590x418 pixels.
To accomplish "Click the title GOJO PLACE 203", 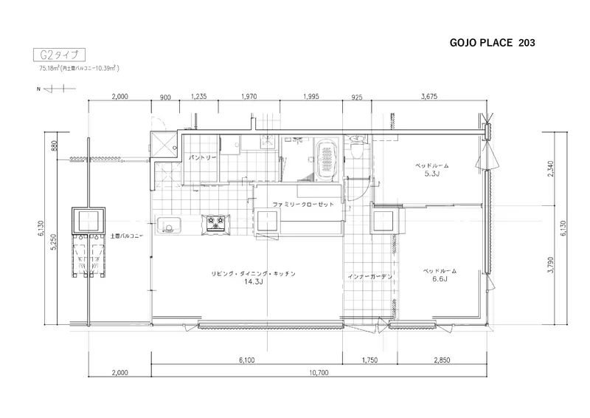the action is (492, 43).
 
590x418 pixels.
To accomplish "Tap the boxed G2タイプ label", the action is (60, 55).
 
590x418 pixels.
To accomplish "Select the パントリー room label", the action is (202, 157).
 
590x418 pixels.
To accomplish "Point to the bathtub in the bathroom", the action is (327, 160).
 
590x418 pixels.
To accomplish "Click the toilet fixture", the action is (355, 148).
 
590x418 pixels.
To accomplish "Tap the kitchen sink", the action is (168, 225).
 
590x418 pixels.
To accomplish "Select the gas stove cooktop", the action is (215, 222).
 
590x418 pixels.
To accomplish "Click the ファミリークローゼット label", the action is (303, 205).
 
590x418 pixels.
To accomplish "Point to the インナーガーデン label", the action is (370, 277).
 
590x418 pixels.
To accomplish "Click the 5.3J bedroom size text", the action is (432, 174).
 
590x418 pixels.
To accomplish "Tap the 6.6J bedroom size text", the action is (440, 279).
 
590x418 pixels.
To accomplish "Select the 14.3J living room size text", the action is (253, 281).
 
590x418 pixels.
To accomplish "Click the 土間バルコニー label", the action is (127, 236).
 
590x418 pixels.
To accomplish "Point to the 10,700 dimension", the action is (319, 372).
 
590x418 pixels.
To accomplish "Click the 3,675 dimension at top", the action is (429, 97).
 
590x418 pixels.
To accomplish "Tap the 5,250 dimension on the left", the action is (53, 242).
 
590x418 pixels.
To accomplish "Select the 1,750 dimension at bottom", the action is (369, 360).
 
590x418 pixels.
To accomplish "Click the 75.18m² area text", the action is (49, 68).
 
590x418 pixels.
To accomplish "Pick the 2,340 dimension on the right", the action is (551, 169).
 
